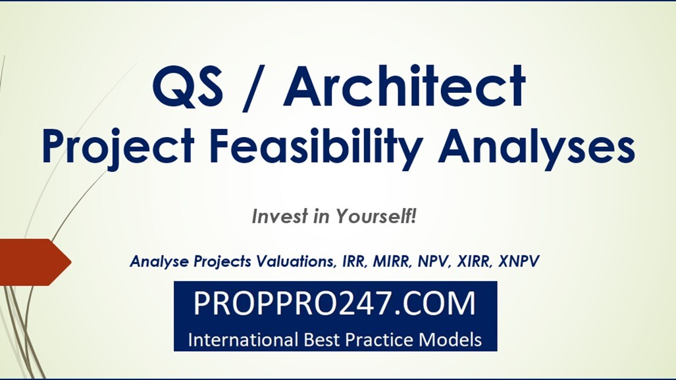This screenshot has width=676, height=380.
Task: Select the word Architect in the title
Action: tap(404, 86)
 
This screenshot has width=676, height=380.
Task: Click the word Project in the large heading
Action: tap(118, 146)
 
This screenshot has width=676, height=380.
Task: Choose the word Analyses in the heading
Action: tap(536, 146)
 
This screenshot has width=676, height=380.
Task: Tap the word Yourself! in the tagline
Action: tap(376, 216)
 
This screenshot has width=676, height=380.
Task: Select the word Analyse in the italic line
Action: tap(160, 261)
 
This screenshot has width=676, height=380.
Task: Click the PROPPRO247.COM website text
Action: tap(334, 303)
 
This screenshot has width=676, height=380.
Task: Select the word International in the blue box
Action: tap(240, 340)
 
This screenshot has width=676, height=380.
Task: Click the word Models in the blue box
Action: tap(450, 340)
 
